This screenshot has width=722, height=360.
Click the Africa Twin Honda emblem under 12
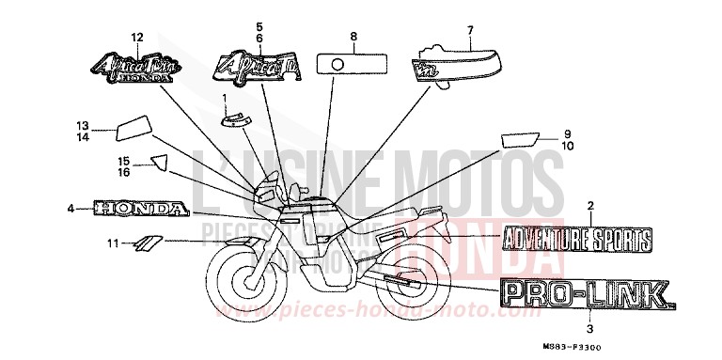point(133,69)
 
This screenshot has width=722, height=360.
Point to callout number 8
point(353,37)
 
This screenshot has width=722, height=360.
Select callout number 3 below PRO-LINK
point(589,330)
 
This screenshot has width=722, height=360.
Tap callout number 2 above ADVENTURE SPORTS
point(589,205)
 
